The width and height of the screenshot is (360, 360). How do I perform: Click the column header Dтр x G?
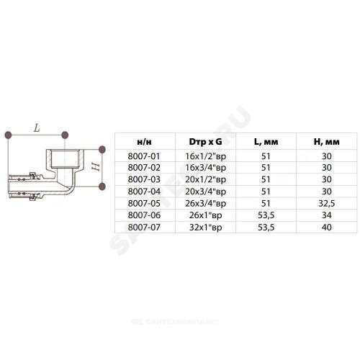(205, 142)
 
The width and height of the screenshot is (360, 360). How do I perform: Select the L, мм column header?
(266, 142)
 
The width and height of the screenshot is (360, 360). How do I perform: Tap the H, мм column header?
(327, 142)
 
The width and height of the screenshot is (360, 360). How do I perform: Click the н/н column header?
(144, 142)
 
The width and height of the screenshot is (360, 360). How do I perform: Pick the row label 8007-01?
(144, 156)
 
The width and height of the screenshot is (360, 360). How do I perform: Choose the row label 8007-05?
(144, 203)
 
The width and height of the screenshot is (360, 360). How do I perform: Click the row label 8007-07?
(144, 227)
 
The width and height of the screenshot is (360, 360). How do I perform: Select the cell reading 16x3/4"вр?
(205, 168)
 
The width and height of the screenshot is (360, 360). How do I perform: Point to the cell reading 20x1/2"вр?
(205, 180)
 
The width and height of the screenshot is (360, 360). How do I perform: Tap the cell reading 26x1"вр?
(205, 215)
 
